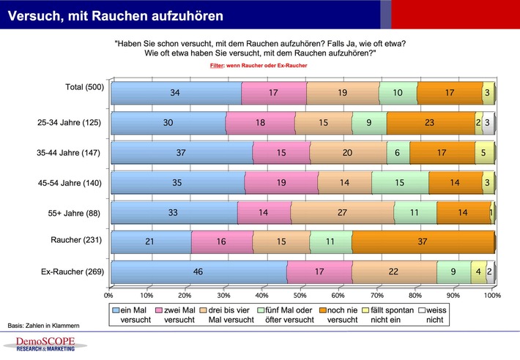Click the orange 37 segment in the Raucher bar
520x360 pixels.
tap(423, 241)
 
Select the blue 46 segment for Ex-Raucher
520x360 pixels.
tap(198, 272)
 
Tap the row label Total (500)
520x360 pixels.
tap(85, 87)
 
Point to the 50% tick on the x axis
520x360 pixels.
tap(300, 296)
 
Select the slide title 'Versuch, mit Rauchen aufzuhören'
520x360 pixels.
tap(116, 14)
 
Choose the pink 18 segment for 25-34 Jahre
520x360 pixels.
tap(260, 124)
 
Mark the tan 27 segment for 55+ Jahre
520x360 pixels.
tap(341, 211)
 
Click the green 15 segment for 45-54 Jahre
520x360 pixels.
tap(400, 182)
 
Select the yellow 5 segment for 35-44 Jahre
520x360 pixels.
tap(485, 153)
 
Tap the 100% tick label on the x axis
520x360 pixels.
tap(492, 296)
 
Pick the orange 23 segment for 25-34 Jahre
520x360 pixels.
tap(430, 124)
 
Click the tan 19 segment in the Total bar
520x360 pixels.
tap(343, 94)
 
